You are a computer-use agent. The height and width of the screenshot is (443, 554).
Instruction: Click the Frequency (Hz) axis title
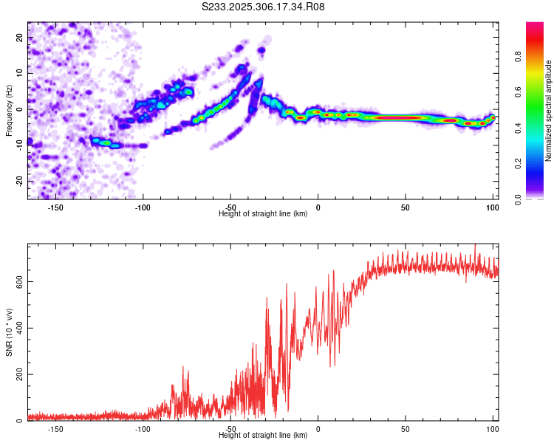(x=9, y=109)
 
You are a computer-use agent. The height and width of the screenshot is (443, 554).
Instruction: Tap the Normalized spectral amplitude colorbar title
(x=549, y=111)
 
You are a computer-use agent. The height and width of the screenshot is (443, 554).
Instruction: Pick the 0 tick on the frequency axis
(x=20, y=109)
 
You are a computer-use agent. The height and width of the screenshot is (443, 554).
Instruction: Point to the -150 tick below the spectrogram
(x=55, y=207)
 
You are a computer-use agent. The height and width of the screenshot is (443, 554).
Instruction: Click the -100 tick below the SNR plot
(x=143, y=429)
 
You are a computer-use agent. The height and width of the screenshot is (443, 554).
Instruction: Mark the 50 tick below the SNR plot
(x=405, y=429)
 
